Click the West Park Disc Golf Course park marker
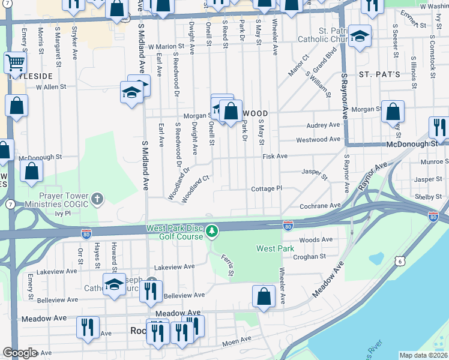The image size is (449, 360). point(211,230)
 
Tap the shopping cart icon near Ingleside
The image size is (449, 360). point(15,62)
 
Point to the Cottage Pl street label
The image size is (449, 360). point(267,188)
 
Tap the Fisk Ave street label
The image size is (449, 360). point(275,156)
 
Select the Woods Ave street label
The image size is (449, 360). point(315,239)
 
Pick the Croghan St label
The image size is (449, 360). point(309,256)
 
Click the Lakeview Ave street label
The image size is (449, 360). point(175,266)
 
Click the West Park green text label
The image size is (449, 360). point(275,248)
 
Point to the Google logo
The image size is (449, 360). point(20,353)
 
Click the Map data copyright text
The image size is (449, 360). point(423,355)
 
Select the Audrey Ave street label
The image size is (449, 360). point(323,125)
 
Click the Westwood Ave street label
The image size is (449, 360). point(318,140)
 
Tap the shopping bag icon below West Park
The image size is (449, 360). point(264,296)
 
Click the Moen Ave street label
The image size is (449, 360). point(236,343)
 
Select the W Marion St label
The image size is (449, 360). point(166,46)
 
